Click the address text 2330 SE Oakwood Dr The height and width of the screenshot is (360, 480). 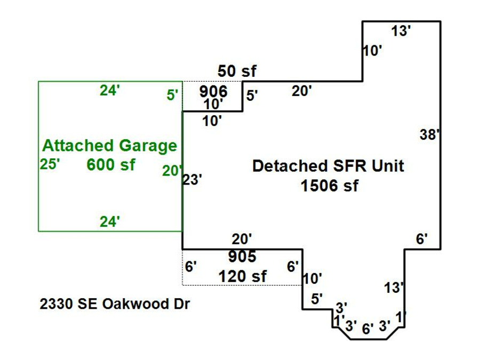point(115,304)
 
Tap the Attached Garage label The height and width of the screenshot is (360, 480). point(109,146)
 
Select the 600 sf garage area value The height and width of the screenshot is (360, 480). point(111,165)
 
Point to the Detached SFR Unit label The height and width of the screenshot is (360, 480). point(328,166)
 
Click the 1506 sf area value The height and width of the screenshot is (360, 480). point(330,186)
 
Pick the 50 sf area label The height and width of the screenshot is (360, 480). point(237,71)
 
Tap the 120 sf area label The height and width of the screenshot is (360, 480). point(243,276)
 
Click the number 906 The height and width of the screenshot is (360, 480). point(213,91)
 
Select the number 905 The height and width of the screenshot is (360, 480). point(242,257)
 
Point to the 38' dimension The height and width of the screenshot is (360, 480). point(430,135)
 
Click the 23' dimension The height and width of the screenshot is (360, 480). point(192,179)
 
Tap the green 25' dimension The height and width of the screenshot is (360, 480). point(50,164)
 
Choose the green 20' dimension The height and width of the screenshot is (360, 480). point(172,171)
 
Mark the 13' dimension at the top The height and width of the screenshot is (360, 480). point(401,31)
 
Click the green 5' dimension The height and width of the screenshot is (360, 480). point(172,95)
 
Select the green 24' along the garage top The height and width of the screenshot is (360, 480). point(109,91)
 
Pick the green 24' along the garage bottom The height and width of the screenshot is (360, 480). point(109,222)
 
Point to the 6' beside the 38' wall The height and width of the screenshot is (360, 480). point(422,239)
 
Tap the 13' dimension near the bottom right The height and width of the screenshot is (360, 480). point(394,288)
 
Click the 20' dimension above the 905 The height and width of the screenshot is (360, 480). point(242,239)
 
